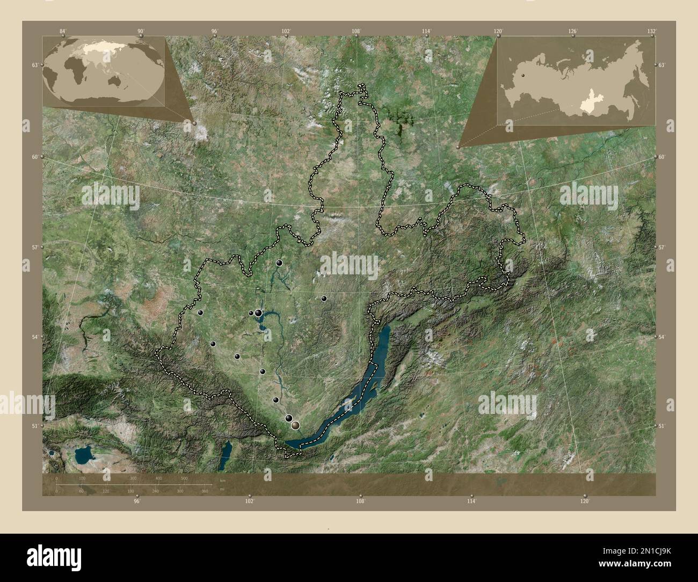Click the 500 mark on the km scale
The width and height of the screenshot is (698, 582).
(x=184, y=478)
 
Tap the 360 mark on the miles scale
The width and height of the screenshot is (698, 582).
(x=205, y=491)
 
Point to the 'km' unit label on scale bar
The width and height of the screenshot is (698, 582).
(x=223, y=479)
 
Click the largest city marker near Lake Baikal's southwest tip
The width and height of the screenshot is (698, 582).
(x=295, y=425)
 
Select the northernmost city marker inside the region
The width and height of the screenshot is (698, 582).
(x=279, y=263)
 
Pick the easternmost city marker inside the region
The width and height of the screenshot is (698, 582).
(x=324, y=298)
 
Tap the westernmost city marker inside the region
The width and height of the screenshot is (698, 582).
(x=200, y=312)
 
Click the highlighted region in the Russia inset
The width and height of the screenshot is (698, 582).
(x=590, y=107)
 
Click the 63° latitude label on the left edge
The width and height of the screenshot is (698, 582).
(x=35, y=65)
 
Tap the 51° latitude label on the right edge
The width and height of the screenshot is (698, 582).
(x=661, y=426)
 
